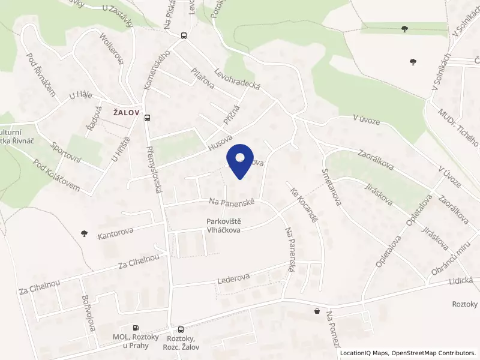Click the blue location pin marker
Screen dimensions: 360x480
pyautogui.click(x=240, y=160)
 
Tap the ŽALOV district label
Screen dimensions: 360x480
pyautogui.click(x=125, y=112)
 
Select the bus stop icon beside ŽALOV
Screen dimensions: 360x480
pyautogui.click(x=148, y=118)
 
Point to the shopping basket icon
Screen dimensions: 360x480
pyautogui.click(x=316, y=311)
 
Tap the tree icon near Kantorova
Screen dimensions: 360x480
pyautogui.click(x=83, y=233)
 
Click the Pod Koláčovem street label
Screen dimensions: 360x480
pyautogui.click(x=57, y=175)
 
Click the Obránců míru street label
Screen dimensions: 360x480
pyautogui.click(x=450, y=262)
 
